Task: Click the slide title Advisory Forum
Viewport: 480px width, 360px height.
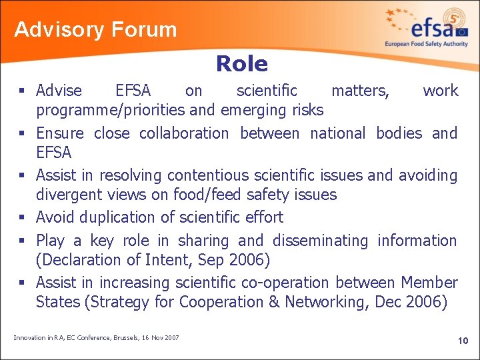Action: coord(95,30)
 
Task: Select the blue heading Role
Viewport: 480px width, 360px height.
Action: coord(241,64)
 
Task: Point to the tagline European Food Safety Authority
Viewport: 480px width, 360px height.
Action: coord(426,44)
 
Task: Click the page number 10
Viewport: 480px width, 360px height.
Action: coord(463,341)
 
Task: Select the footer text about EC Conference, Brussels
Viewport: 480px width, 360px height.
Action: coord(96,338)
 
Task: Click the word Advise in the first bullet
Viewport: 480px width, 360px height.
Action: coord(59,91)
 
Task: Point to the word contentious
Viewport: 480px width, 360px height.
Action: coord(200,175)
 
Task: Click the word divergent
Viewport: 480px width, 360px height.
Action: coord(65,195)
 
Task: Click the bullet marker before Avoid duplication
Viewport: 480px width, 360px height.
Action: coord(22,218)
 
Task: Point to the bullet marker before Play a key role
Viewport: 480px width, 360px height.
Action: coord(22,241)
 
